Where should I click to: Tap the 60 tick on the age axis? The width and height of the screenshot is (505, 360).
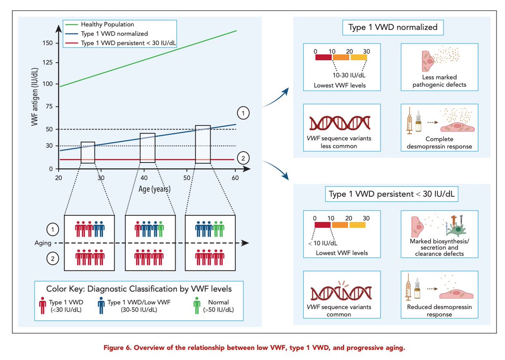(x=235, y=178)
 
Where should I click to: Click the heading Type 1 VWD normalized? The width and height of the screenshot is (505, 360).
(x=393, y=28)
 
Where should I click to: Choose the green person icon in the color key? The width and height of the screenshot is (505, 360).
(x=197, y=306)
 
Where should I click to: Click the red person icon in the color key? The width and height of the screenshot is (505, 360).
(x=43, y=306)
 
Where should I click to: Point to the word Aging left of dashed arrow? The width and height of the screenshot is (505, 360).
(x=44, y=243)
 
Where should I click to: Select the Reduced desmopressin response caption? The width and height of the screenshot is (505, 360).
(x=439, y=311)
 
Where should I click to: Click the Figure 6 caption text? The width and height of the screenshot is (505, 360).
(x=252, y=348)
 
